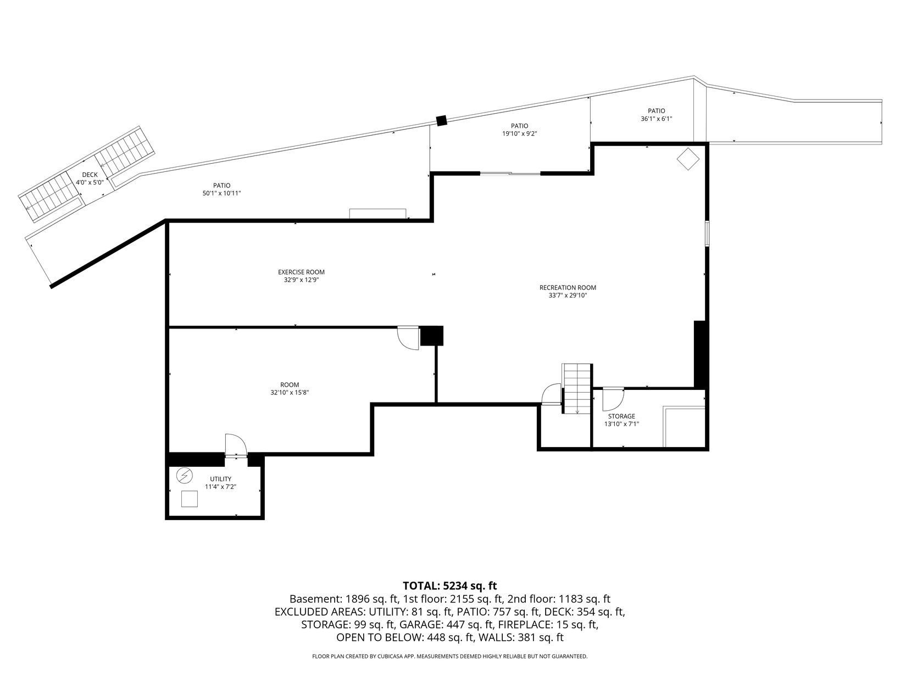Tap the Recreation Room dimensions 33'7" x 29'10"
click(x=568, y=295)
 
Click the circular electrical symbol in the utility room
click(x=184, y=476)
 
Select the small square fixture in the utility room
click(x=190, y=499)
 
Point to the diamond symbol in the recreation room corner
click(x=687, y=159)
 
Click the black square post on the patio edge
click(x=441, y=120)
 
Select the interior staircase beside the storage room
click(x=577, y=388)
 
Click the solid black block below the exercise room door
click(x=431, y=336)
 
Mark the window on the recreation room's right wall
click(x=707, y=233)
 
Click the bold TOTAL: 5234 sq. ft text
click(x=449, y=585)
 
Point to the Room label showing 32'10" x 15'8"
click(x=290, y=388)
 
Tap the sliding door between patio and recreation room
click(x=510, y=174)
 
